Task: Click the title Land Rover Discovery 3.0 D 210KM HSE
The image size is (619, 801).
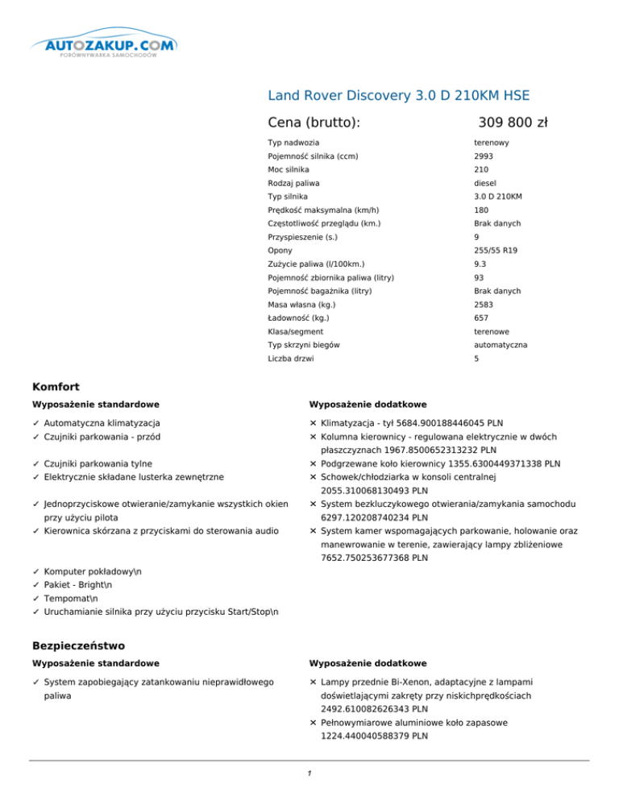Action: (398, 95)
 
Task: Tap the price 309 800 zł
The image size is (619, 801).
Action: (513, 122)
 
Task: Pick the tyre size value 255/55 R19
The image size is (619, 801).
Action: (496, 251)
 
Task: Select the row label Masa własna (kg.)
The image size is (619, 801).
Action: (301, 305)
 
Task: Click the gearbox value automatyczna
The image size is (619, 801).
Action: (501, 345)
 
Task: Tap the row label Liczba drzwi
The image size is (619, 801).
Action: (291, 359)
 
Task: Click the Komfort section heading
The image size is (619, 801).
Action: (56, 386)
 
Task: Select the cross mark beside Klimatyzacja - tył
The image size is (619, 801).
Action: (313, 422)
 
